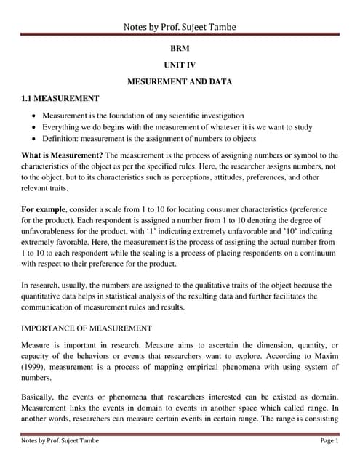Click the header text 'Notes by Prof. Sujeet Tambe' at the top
click(180, 27)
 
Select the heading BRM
click(180, 53)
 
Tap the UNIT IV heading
click(180, 68)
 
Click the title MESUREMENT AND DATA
click(180, 82)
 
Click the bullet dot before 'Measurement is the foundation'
click(36, 116)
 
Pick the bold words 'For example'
click(48, 209)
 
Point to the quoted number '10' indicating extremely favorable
click(291, 231)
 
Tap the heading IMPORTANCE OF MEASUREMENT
click(87, 328)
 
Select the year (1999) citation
click(34, 367)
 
